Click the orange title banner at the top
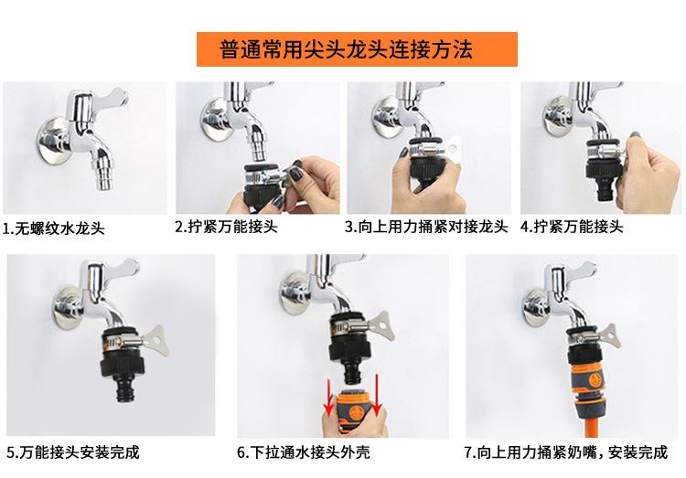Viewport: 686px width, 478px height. point(357,49)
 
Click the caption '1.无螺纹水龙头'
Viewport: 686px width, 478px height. point(53,228)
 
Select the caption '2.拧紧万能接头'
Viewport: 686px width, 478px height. point(226,227)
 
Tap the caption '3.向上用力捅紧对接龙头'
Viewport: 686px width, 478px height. point(426,227)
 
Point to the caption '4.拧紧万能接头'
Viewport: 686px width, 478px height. point(572,227)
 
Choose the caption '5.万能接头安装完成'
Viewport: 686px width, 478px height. point(73,451)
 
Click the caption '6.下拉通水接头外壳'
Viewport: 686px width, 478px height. point(303,451)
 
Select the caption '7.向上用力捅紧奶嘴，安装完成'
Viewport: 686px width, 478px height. point(566,451)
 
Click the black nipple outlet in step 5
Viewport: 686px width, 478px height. point(125,388)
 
